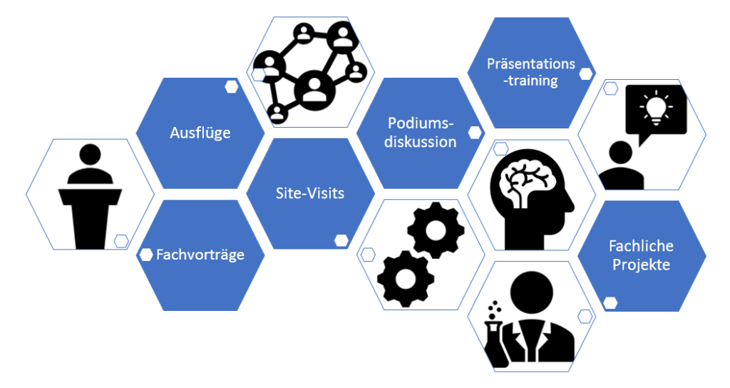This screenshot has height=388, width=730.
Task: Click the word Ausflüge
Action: pyautogui.click(x=200, y=133)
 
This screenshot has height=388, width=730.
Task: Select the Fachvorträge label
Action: pyautogui.click(x=200, y=255)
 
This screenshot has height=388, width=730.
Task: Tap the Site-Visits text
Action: pyautogui.click(x=310, y=193)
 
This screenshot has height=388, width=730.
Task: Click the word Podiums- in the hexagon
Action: pyautogui.click(x=421, y=123)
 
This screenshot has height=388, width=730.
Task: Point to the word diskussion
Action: pyautogui.click(x=421, y=141)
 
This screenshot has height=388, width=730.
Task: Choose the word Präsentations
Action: pyautogui.click(x=531, y=63)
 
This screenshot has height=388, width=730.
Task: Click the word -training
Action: pyautogui.click(x=530, y=81)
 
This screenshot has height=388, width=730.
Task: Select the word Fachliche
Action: pyautogui.click(x=641, y=246)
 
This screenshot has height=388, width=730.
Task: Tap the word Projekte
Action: pyautogui.click(x=641, y=265)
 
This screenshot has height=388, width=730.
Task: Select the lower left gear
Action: pyautogui.click(x=404, y=279)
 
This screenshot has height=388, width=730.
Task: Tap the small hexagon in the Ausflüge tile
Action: pyautogui.click(x=232, y=86)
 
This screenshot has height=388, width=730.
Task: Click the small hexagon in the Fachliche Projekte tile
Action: pyautogui.click(x=610, y=302)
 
